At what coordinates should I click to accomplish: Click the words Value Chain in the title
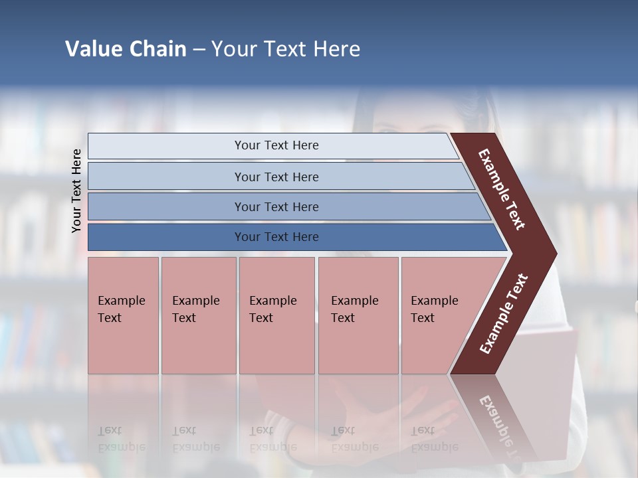click(126, 49)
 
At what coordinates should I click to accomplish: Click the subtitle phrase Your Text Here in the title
click(286, 49)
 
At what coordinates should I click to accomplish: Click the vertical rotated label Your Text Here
click(76, 191)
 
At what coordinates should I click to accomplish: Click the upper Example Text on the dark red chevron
click(502, 189)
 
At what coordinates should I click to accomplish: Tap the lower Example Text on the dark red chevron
click(504, 314)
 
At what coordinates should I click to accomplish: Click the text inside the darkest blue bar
click(276, 237)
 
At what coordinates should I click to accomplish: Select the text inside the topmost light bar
click(276, 145)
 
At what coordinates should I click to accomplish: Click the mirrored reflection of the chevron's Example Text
click(498, 425)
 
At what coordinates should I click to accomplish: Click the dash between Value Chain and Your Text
click(199, 50)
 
